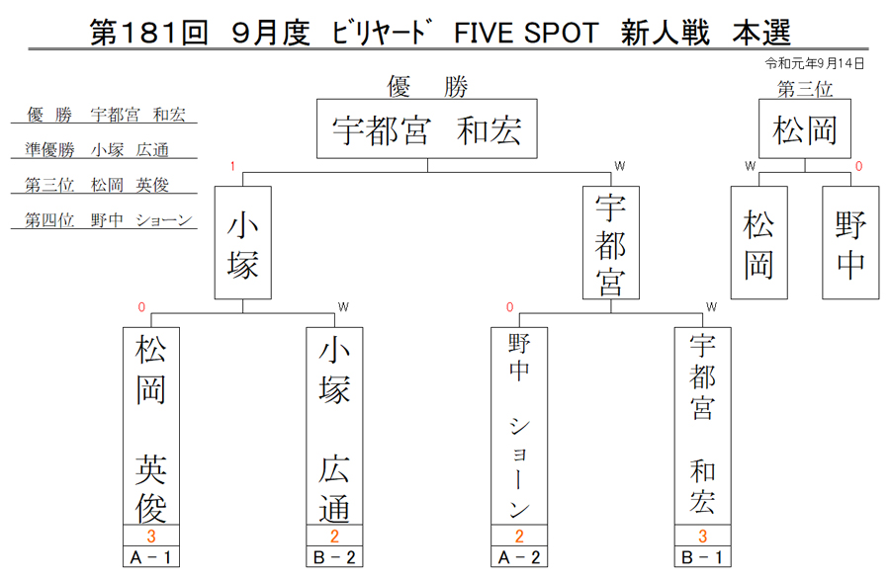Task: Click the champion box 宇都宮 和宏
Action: [x=427, y=128]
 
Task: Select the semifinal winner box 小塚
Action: [x=243, y=243]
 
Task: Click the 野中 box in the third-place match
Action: [x=850, y=243]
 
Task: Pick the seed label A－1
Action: [x=151, y=556]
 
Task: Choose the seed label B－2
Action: [x=334, y=556]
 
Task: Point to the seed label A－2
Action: [x=519, y=556]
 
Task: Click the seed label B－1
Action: [x=703, y=556]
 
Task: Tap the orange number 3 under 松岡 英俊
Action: [x=151, y=536]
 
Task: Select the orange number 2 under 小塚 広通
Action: [x=334, y=536]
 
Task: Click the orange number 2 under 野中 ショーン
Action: [x=519, y=536]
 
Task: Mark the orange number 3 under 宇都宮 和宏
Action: [x=703, y=536]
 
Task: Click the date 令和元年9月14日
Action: [x=815, y=63]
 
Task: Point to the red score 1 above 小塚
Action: [x=232, y=166]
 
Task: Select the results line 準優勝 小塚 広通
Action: [x=97, y=149]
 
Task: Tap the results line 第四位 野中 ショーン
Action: [x=109, y=219]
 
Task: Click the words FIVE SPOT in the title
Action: [x=526, y=33]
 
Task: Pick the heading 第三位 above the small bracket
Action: [x=805, y=89]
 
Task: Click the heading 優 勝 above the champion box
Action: [x=427, y=87]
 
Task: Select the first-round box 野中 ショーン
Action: [x=519, y=426]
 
